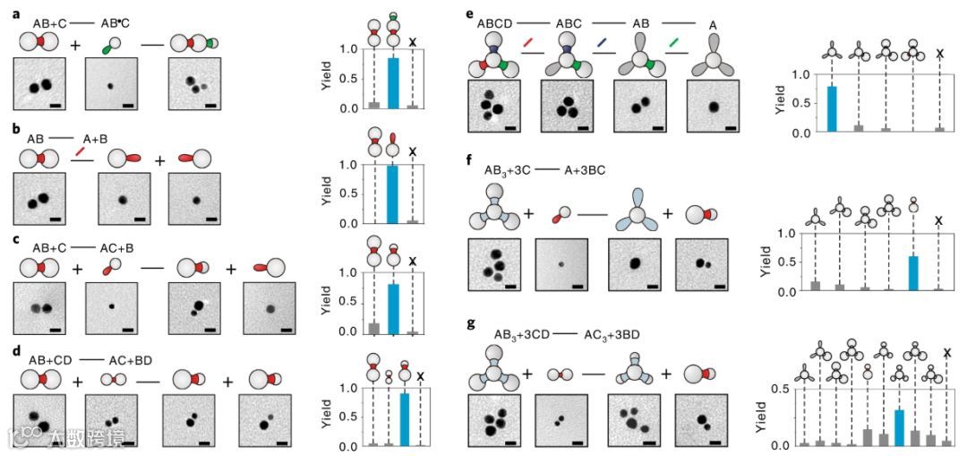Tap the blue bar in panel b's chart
(x=392, y=194)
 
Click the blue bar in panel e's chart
(x=833, y=109)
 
